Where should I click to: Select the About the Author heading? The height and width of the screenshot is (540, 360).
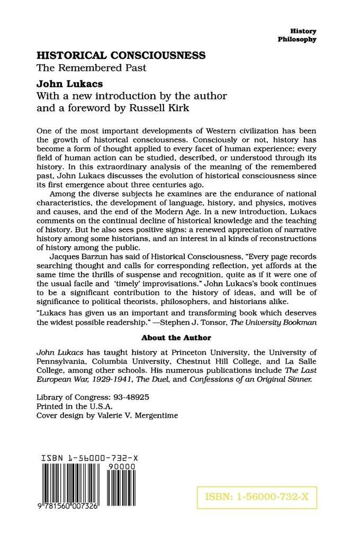coord(176,337)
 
